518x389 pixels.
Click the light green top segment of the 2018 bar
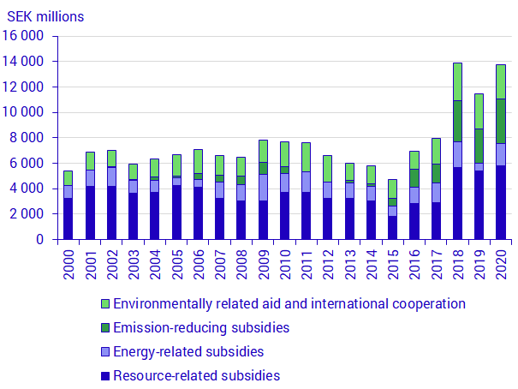(458, 81)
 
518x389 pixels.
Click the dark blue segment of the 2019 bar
(479, 205)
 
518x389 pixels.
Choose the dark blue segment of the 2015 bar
(393, 227)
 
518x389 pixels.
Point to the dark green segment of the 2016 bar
(414, 177)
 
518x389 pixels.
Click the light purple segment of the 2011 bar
(307, 182)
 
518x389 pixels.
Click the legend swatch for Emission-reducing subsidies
(104, 328)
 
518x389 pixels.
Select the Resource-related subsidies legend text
(196, 375)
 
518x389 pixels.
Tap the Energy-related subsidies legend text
(188, 351)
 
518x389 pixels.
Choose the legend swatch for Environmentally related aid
(104, 304)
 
